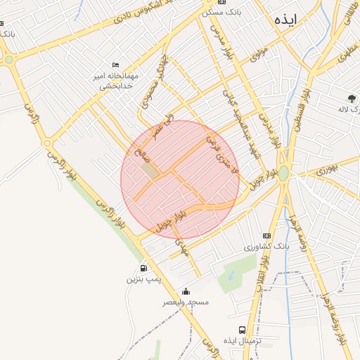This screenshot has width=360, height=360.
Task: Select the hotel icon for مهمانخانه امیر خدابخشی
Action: pyautogui.click(x=116, y=65)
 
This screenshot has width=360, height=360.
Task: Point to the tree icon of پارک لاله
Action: pyautogui.click(x=351, y=98)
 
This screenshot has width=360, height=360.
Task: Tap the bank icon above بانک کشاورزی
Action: pyautogui.click(x=266, y=236)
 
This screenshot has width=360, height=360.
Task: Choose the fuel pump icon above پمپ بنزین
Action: pyautogui.click(x=143, y=268)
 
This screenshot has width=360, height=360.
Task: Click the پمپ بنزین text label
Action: pyautogui.click(x=143, y=279)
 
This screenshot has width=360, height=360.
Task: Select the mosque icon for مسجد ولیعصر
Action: pyautogui.click(x=186, y=291)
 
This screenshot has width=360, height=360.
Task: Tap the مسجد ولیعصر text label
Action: pyautogui.click(x=186, y=302)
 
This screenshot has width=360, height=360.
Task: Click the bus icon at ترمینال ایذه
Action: pyautogui.click(x=242, y=330)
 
